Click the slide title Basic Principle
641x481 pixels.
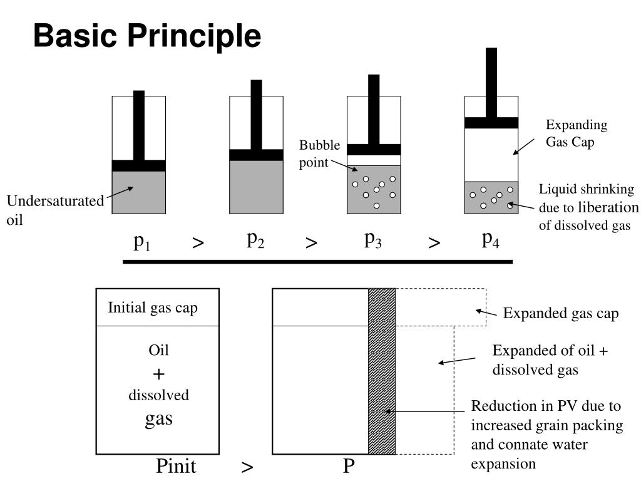147,36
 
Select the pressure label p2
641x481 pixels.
255,239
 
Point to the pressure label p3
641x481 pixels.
373,239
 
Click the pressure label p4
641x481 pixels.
491,239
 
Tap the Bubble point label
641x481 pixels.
319,153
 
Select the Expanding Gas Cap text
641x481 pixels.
576,133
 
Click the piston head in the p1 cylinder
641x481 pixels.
139,166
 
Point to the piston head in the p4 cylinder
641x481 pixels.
491,123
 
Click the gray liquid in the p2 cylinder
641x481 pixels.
256,187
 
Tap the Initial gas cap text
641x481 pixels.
153,308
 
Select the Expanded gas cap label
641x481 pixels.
561,314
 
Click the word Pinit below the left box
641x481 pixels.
176,466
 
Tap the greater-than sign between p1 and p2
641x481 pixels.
198,243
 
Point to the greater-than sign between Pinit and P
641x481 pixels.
247,467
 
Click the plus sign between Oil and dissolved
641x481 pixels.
158,375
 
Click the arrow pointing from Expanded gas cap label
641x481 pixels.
486,313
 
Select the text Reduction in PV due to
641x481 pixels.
545,406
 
